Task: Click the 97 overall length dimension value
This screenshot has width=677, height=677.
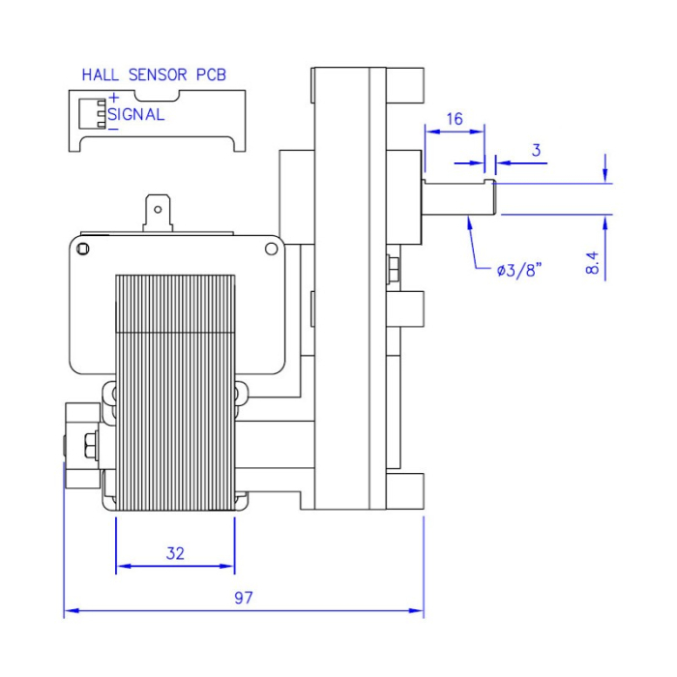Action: [243, 598]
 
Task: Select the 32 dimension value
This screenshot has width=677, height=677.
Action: [175, 554]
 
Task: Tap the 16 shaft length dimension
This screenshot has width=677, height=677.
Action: [454, 119]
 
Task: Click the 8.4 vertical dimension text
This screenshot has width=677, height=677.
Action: [593, 262]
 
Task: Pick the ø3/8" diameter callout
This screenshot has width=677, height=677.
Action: [518, 270]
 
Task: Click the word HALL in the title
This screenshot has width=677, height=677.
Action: [100, 74]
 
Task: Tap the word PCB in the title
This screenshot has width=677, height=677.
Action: [212, 74]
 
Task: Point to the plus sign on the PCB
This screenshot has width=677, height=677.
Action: [113, 97]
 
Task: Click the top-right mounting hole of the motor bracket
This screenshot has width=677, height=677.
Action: [270, 250]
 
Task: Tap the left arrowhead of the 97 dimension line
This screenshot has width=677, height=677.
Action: [68, 611]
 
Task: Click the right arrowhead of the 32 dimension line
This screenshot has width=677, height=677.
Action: [230, 567]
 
